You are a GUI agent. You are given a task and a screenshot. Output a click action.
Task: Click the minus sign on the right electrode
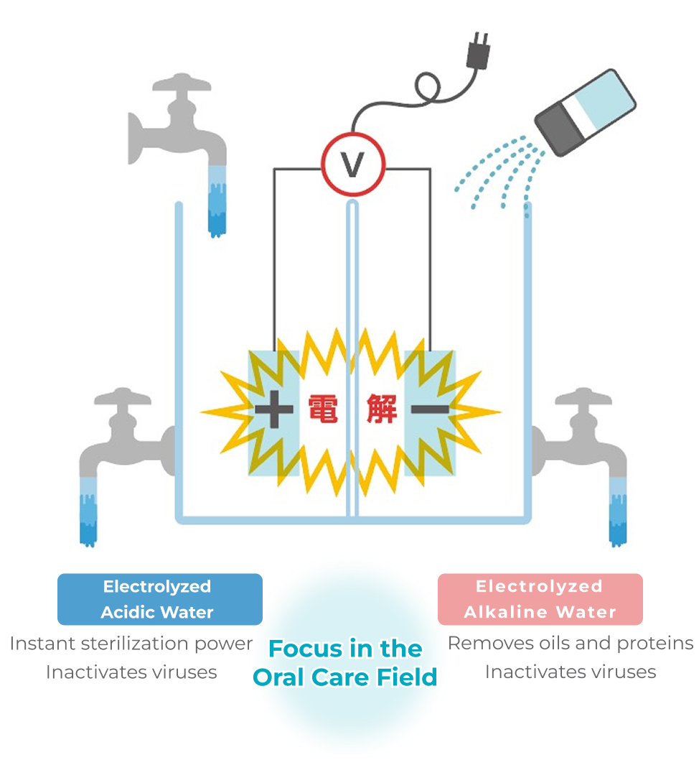tap(430, 409)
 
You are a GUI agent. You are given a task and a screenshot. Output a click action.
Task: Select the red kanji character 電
tap(323, 409)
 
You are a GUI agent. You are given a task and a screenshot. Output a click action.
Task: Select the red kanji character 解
tap(380, 409)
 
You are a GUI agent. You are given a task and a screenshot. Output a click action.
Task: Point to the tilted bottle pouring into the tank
tap(586, 113)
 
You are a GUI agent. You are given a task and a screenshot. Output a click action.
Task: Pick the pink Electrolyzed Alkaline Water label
tap(540, 599)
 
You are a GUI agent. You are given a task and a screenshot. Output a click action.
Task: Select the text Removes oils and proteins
tap(571, 643)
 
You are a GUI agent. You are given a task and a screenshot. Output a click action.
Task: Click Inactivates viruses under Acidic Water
tap(131, 672)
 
